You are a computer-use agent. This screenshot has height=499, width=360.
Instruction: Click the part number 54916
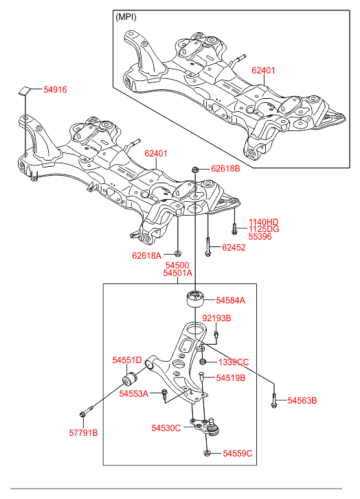click(x=55, y=90)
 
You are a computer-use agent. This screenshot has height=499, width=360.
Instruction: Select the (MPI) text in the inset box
click(x=126, y=17)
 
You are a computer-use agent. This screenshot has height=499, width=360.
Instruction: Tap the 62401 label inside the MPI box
click(x=263, y=70)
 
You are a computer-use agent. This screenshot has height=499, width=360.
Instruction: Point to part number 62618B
click(x=225, y=169)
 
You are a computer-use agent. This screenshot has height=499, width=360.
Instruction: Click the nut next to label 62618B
click(x=196, y=169)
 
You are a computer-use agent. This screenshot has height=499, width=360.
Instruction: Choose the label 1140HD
click(x=263, y=222)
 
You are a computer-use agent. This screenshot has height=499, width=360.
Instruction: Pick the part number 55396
click(x=260, y=236)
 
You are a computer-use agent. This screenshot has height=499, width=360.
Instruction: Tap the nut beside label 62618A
click(x=178, y=254)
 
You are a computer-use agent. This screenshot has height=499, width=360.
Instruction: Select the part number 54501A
click(x=178, y=273)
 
